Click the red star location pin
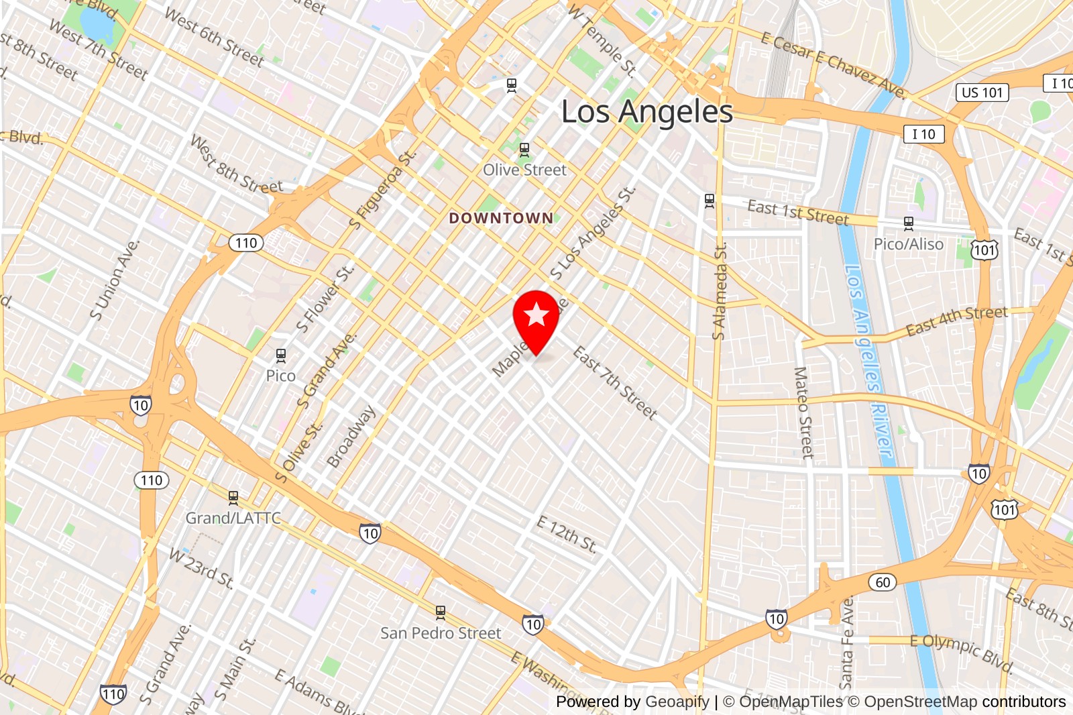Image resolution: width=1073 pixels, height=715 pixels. click(536, 317)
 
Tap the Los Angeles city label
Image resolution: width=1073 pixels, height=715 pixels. click(646, 111)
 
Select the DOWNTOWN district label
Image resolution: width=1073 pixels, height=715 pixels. click(501, 218)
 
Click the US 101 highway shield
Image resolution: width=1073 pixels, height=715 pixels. click(982, 93)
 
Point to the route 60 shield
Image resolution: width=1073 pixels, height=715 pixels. click(883, 582)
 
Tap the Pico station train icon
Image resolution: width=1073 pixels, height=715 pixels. click(281, 355)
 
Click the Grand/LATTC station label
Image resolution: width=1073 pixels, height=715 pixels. click(233, 518)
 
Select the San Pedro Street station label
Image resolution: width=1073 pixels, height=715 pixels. click(441, 632)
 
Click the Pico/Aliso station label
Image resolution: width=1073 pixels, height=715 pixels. click(908, 244)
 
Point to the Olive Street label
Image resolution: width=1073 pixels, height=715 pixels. click(524, 170)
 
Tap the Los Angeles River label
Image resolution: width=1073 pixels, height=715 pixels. click(869, 362)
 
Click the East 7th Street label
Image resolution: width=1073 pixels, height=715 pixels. click(615, 383)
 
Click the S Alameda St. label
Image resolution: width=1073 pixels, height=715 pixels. click(720, 292)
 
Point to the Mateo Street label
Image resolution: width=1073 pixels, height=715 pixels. click(803, 412)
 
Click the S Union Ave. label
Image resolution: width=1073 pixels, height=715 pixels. click(115, 280)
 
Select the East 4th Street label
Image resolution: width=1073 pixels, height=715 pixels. click(956, 321)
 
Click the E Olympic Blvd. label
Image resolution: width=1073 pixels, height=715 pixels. click(960, 651)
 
